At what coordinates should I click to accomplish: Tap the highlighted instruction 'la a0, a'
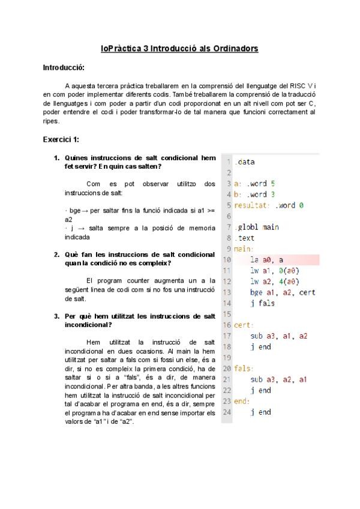pos(267,260)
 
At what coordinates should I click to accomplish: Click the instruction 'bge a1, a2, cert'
pos(283,292)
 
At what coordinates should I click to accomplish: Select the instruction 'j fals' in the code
pos(262,303)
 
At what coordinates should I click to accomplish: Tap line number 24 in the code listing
pos(226,412)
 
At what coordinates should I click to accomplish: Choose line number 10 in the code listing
pos(226,260)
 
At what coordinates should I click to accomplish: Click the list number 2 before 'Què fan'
pos(56,254)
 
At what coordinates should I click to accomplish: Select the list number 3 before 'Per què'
pos(56,316)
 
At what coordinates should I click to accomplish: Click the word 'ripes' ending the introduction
pos(50,121)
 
